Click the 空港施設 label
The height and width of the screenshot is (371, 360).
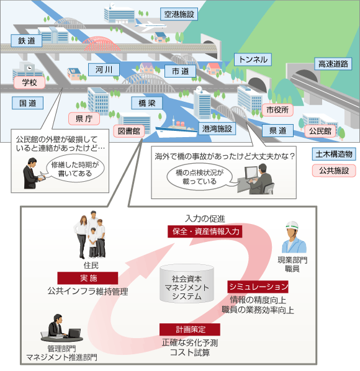(x=179, y=14)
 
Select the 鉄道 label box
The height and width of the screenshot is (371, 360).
(x=27, y=41)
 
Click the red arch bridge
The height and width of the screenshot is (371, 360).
(x=102, y=43)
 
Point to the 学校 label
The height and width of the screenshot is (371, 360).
(x=29, y=83)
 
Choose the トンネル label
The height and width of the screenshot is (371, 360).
(x=253, y=60)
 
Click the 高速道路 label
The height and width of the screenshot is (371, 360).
(x=333, y=64)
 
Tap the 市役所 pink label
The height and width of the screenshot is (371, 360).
(x=277, y=110)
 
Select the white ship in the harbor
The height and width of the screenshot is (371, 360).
(x=176, y=129)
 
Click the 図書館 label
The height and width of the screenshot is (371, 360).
(x=129, y=131)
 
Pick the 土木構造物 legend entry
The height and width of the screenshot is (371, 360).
(x=334, y=154)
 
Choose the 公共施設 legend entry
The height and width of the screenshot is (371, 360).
(x=334, y=171)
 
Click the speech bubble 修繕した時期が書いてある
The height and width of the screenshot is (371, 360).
(x=74, y=169)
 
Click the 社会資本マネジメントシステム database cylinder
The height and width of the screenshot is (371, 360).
(x=187, y=284)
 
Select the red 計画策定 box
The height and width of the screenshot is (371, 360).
(x=190, y=329)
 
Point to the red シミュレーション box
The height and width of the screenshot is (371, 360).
(x=258, y=287)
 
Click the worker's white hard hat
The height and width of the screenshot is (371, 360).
(x=292, y=225)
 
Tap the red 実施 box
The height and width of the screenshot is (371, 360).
(x=88, y=278)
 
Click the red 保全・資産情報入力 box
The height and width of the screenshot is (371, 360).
(x=205, y=231)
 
